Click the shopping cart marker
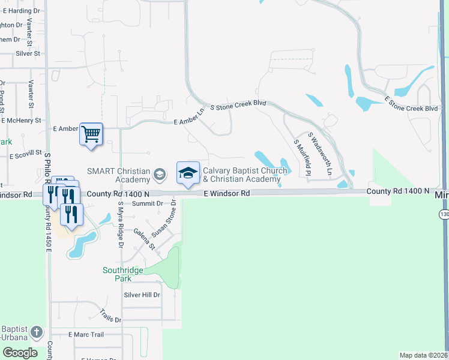91,133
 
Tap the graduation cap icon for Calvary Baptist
188,173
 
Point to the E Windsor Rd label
226,193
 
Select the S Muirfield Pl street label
302,158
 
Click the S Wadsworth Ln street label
320,154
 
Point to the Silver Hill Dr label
142,295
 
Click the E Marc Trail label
86,334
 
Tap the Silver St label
28,53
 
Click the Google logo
20,352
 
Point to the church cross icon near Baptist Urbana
36,332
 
